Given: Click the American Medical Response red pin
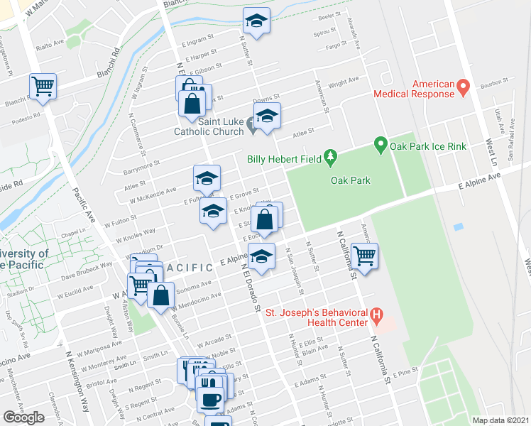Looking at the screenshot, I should click(x=464, y=88).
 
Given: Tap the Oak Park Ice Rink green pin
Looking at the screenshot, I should click(x=380, y=146).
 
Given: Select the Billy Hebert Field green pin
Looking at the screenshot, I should click(x=330, y=155).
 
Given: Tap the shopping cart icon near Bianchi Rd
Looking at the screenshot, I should click(x=43, y=86).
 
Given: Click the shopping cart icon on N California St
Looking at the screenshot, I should click(x=364, y=256).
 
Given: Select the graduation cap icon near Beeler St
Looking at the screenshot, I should click(x=257, y=19).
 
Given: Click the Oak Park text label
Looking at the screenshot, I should click(x=351, y=180).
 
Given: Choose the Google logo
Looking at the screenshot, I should click(x=23, y=417).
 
